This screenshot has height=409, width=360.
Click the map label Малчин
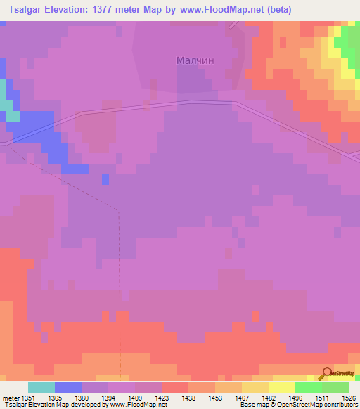click(x=195, y=60)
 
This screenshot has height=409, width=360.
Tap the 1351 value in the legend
click(x=27, y=397)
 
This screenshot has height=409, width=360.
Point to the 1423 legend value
click(x=162, y=397)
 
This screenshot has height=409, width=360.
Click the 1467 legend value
click(x=241, y=397)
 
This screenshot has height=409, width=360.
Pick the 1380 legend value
click(x=82, y=397)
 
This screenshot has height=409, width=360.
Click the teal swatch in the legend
click(x=41, y=387)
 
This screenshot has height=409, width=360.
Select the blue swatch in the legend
click(x=68, y=387)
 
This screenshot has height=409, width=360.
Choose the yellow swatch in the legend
click(x=281, y=387)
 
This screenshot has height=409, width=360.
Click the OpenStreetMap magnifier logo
click(x=326, y=373)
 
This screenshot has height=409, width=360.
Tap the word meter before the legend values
click(x=10, y=397)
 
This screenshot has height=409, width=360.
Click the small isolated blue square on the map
click(x=105, y=179)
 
